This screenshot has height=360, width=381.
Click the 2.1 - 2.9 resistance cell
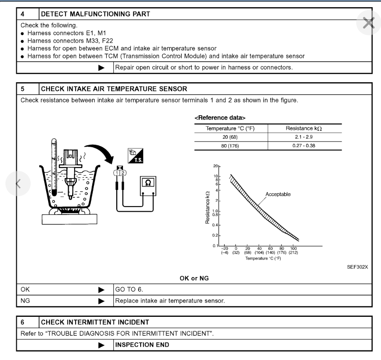click(305, 137)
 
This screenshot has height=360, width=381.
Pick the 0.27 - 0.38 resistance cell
click(305, 145)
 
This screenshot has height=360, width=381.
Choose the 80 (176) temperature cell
click(231, 145)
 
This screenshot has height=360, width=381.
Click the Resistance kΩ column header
click(305, 128)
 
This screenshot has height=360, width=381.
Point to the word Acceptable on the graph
click(278, 194)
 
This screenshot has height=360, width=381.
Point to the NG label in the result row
click(26, 300)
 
